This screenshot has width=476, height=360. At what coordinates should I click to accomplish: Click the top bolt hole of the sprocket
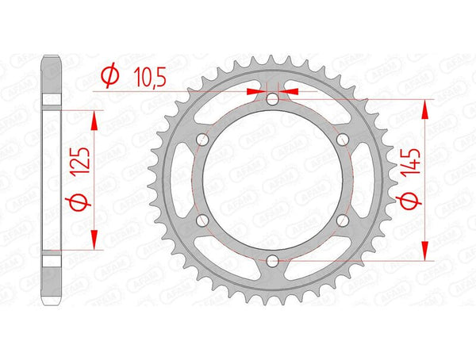tap(273, 99)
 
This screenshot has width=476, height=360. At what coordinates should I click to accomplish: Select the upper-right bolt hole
tap(342, 140)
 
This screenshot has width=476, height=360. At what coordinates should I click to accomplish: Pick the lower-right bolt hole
tap(342, 220)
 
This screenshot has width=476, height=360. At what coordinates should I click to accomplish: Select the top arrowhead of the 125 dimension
tap(95, 116)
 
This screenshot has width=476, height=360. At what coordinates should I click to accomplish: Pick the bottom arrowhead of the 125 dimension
tap(95, 243)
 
